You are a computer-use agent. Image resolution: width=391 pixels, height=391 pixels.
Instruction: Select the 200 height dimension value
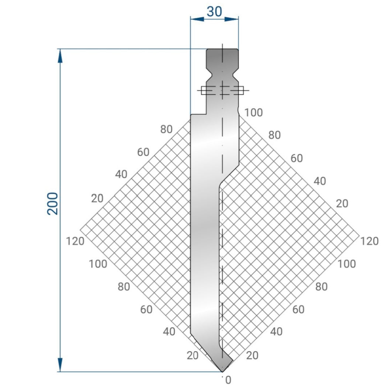tap(53, 203)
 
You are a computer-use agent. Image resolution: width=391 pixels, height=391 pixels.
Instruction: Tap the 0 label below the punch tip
tap(228, 380)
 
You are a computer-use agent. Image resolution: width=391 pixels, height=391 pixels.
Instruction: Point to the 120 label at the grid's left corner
tap(76, 241)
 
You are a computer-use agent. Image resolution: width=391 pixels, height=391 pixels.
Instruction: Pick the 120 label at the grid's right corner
tap(369, 241)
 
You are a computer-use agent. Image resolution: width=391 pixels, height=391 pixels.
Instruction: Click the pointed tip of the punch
tap(222, 371)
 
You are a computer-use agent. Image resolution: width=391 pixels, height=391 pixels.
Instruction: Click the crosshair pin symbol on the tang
tap(222, 90)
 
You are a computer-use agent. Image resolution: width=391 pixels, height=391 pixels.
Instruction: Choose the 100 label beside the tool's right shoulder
tap(253, 113)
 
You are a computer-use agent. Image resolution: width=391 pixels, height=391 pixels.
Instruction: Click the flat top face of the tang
tap(222, 49)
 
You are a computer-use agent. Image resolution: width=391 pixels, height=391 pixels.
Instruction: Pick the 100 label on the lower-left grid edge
tap(98, 264)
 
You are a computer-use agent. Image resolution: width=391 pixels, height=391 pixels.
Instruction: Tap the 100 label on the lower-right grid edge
tap(347, 264)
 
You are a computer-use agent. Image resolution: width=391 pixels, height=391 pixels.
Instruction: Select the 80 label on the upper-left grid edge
tap(166, 129)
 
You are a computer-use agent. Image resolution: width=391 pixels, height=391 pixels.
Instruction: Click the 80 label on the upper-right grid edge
tap(274, 135)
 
